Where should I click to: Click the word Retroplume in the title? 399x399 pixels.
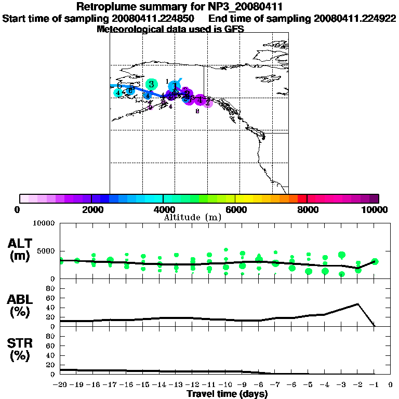click(x=107, y=7)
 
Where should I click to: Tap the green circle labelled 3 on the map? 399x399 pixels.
click(x=151, y=84)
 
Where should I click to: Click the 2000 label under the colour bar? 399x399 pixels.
click(x=91, y=210)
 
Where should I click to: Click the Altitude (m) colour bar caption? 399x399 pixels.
click(x=192, y=217)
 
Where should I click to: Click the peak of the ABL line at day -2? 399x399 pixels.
click(x=358, y=304)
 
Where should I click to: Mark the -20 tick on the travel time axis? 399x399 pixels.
click(x=60, y=385)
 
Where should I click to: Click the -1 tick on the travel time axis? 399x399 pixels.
click(x=374, y=385)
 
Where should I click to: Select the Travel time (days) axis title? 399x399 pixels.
click(x=227, y=394)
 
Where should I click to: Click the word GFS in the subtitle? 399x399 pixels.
click(x=234, y=29)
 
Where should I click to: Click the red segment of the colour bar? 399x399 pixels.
click(x=301, y=198)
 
